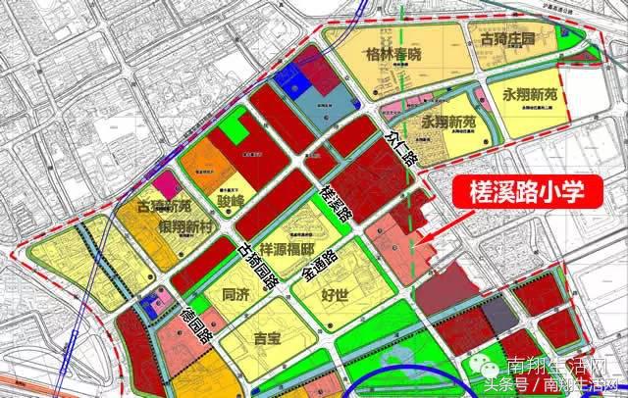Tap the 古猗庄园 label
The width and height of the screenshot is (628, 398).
pyautogui.click(x=504, y=41)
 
